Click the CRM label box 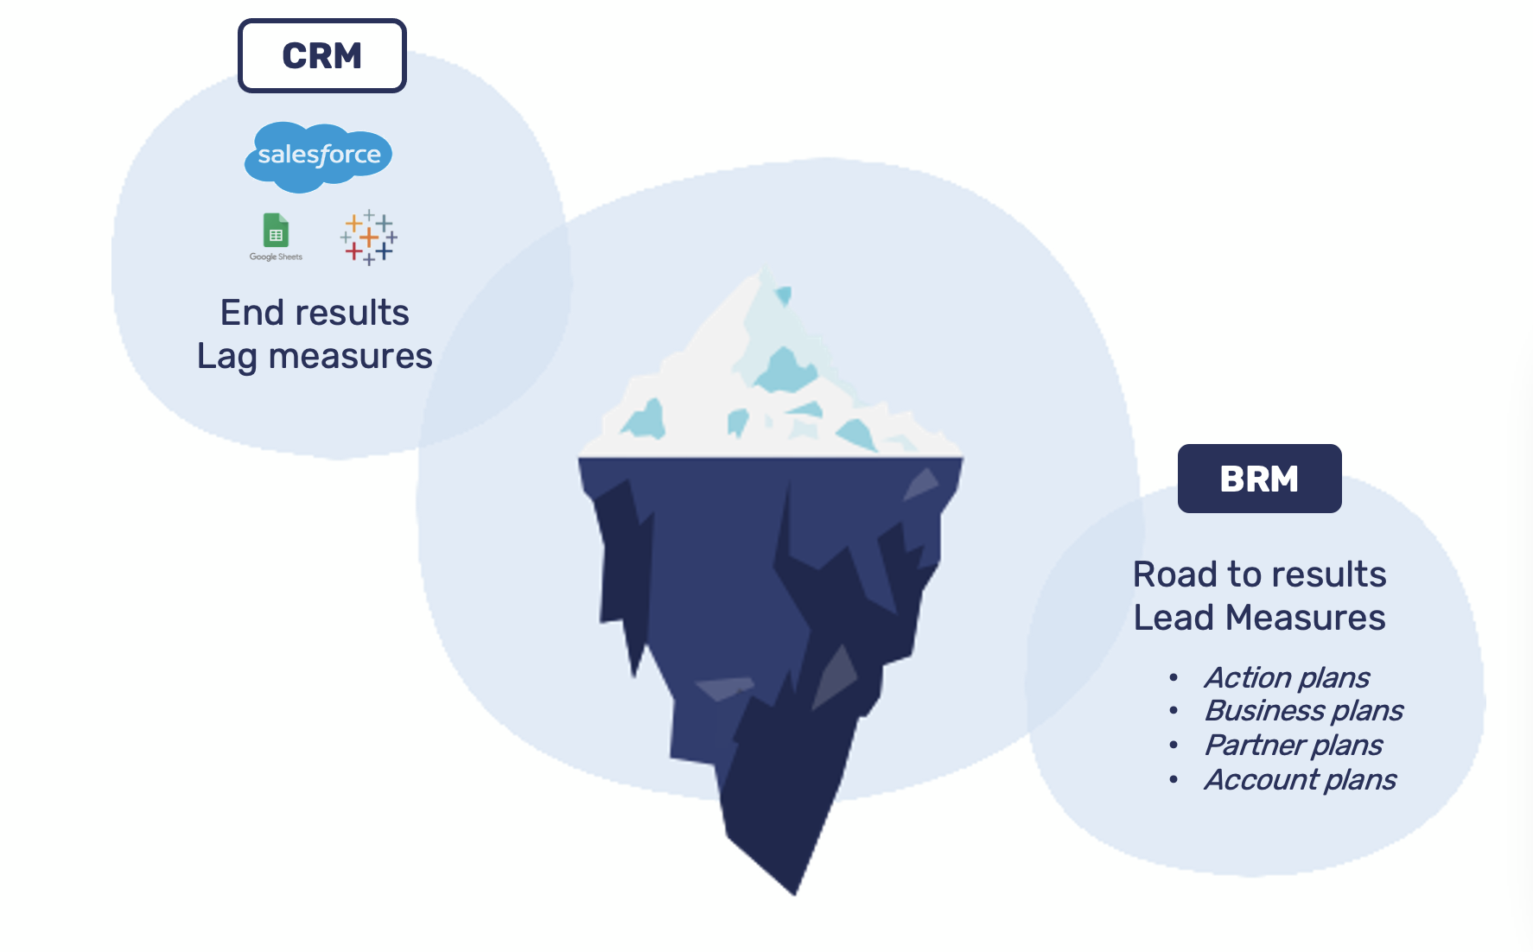point(321,56)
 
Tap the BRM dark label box point(1259,479)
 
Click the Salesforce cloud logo point(319,155)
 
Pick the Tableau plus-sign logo point(369,237)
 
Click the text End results point(315,313)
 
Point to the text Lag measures point(315,356)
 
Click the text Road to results point(1259,574)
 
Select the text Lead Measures point(1259,618)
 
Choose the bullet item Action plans point(1287,677)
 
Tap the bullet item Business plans point(1303,710)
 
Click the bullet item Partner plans point(1293,745)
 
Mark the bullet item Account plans point(1300,779)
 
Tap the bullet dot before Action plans point(1173,678)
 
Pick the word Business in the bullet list point(1264,710)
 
